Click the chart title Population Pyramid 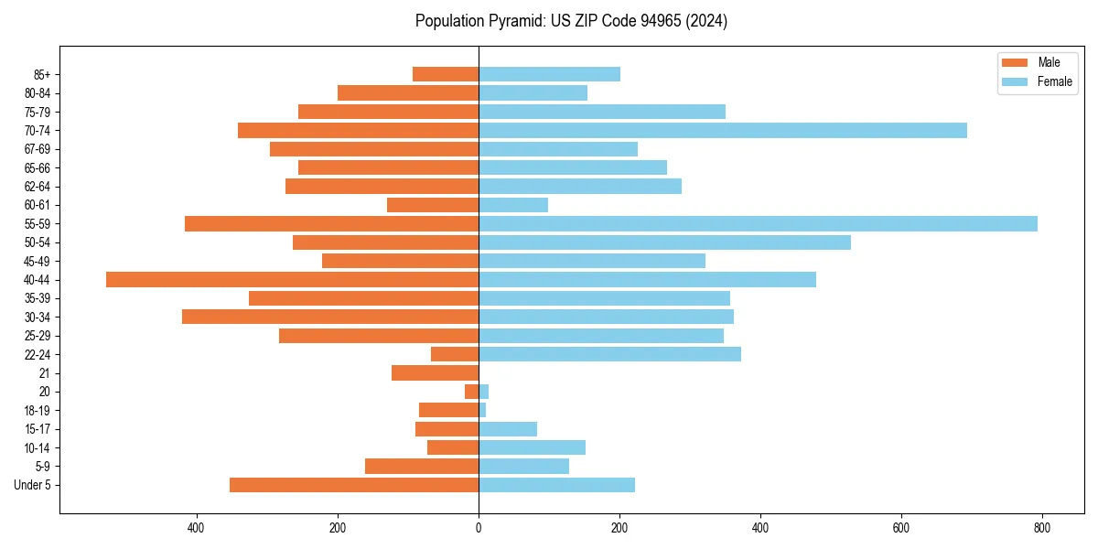pos(571,21)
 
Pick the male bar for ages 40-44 pos(293,280)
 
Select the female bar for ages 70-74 pos(723,131)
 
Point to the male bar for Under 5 pos(354,485)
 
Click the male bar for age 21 pos(436,373)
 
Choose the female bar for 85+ pos(549,74)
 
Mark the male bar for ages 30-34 pos(330,318)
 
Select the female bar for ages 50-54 pos(664,242)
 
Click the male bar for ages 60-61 pos(433,205)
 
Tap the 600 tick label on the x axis pos(901,528)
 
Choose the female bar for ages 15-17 pos(508,429)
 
